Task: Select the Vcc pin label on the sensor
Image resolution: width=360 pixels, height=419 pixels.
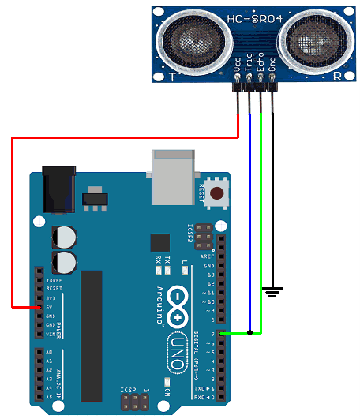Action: (x=238, y=66)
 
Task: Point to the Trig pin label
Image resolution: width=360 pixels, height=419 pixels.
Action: (x=249, y=66)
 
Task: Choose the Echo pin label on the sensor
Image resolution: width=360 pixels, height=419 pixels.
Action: (x=261, y=66)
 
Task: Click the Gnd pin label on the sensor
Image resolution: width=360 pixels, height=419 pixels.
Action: (x=272, y=66)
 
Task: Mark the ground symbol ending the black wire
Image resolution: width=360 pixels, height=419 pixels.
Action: (x=272, y=294)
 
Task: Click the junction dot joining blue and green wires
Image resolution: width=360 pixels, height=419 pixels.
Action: (x=250, y=333)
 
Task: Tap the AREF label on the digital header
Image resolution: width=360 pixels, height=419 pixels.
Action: (x=209, y=257)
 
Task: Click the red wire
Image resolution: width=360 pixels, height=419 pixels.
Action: (x=12, y=221)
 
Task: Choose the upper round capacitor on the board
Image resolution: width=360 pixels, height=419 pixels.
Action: (x=63, y=236)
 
